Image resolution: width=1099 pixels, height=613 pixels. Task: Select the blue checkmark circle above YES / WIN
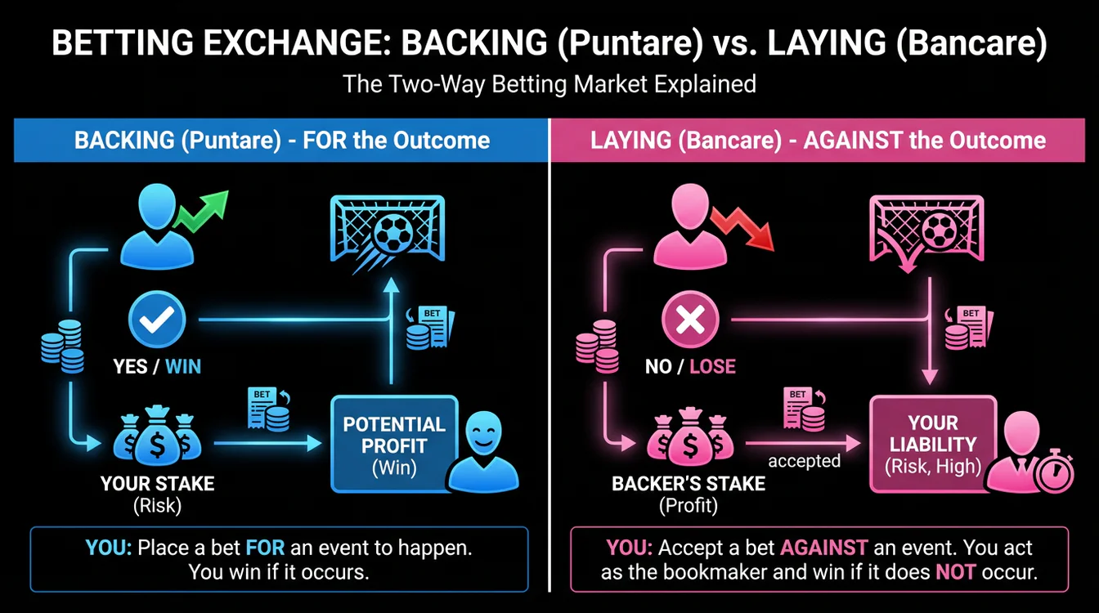(x=158, y=320)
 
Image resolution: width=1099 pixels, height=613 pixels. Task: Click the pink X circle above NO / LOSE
(x=689, y=320)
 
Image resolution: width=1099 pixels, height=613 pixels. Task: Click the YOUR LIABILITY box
(x=932, y=444)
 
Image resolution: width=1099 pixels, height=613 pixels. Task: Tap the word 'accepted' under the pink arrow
(x=804, y=461)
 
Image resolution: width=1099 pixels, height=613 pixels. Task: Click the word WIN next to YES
(x=183, y=365)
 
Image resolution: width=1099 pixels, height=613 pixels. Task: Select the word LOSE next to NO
(x=712, y=365)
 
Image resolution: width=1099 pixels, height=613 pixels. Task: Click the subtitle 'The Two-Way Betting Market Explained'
(x=549, y=84)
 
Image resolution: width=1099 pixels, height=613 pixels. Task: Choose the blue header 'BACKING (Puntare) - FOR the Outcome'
(x=282, y=140)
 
